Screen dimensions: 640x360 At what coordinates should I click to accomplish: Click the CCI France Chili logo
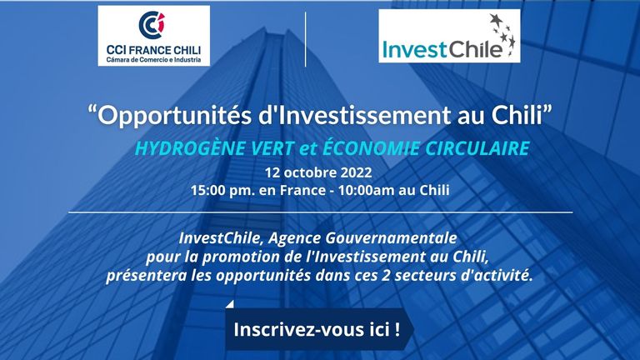154,36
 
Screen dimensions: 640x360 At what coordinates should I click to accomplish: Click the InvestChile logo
449,36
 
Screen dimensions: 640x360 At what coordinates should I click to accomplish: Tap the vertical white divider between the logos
305,39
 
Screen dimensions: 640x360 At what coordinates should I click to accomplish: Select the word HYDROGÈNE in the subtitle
190,147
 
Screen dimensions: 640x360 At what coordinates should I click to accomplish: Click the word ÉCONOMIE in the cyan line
371,147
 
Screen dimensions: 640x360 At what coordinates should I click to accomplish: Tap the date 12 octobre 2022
318,172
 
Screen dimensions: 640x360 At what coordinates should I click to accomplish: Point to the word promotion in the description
252,257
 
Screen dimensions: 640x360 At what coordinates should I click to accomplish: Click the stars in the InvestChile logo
502,34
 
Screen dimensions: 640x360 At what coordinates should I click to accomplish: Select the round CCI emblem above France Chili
152,25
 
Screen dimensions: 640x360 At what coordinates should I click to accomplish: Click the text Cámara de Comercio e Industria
154,60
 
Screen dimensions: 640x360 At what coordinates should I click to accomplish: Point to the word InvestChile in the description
220,237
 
